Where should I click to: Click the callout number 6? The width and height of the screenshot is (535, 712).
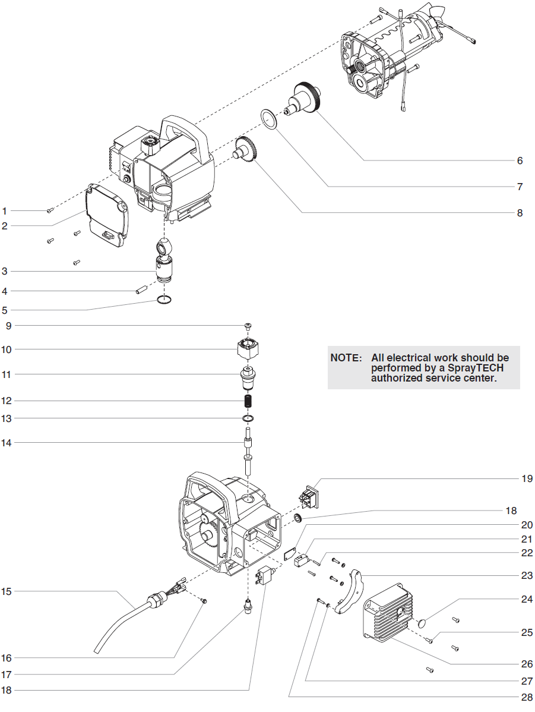click(x=520, y=160)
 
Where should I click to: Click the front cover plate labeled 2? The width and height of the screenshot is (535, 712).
click(x=107, y=215)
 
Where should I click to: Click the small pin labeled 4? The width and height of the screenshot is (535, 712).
click(x=141, y=290)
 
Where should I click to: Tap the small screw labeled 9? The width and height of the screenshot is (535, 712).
click(x=249, y=325)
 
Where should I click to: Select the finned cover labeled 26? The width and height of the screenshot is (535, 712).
click(x=387, y=612)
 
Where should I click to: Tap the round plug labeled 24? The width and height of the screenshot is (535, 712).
click(x=421, y=623)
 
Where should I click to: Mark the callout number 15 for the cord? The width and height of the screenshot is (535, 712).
click(x=6, y=591)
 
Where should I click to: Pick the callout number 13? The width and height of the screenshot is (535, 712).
click(x=6, y=418)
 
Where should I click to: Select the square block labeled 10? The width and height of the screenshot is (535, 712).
click(x=249, y=348)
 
